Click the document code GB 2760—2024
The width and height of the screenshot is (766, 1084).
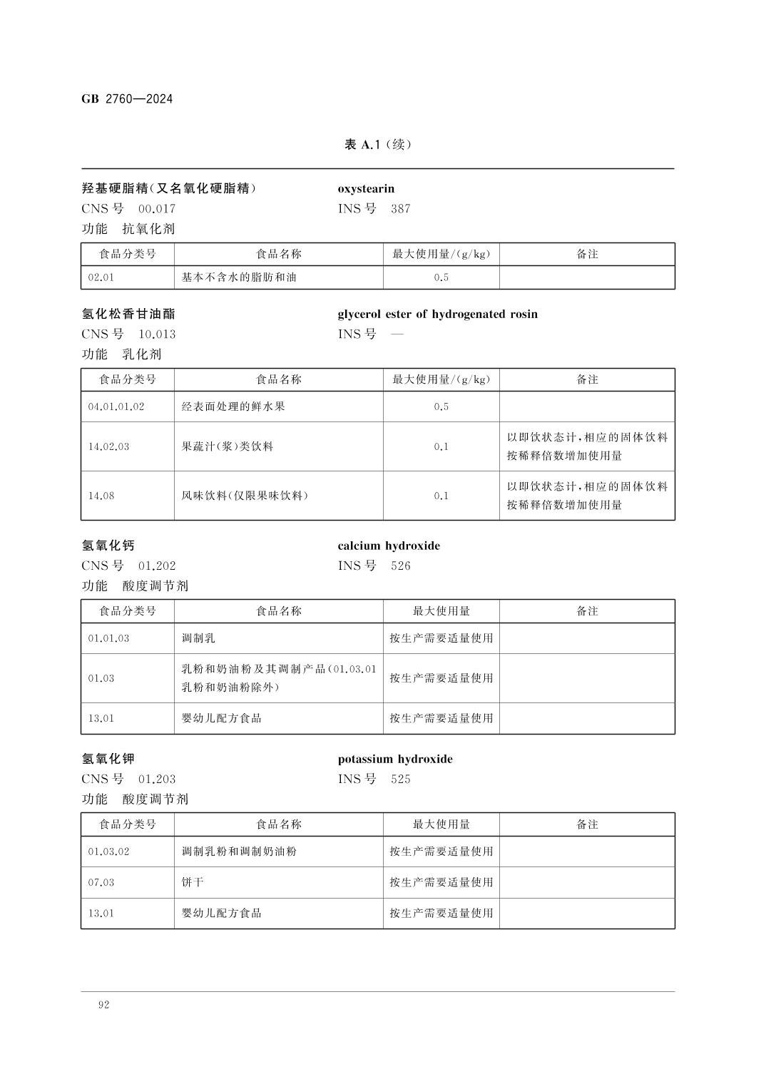(127, 99)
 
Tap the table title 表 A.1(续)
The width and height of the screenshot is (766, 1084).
(378, 145)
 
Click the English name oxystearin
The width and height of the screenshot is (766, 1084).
(366, 189)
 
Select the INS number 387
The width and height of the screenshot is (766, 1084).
(401, 209)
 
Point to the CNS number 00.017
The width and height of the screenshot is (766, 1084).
(157, 209)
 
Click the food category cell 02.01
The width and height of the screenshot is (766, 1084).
(101, 277)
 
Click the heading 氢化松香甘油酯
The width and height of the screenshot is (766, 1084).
(128, 314)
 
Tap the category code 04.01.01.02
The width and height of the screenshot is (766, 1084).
(116, 406)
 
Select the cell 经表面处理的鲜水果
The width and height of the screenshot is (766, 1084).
(233, 406)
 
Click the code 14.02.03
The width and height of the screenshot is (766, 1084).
(109, 446)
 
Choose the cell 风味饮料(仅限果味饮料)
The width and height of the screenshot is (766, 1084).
(245, 496)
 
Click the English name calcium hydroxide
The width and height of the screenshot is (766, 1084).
(389, 546)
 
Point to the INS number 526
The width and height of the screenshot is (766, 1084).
(401, 566)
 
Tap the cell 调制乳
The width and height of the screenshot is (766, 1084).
(198, 638)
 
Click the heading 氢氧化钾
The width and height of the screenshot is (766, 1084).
(108, 759)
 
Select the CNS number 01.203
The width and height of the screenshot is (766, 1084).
(157, 779)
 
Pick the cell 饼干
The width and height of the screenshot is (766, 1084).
(193, 882)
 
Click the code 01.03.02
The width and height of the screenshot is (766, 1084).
(109, 852)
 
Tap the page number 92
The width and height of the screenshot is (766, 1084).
(104, 1005)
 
